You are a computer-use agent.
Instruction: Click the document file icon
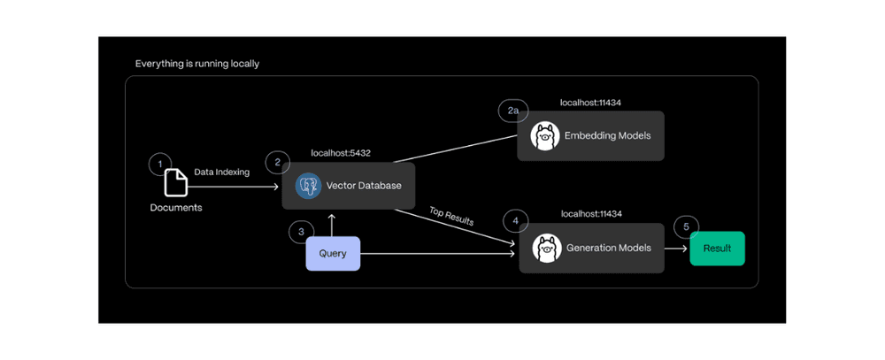[175, 183]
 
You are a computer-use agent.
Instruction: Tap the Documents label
[175, 208]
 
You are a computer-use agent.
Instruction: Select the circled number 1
[159, 164]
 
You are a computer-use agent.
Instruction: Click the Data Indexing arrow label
[221, 172]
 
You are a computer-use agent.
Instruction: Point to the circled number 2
[277, 162]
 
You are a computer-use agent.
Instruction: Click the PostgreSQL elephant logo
[308, 186]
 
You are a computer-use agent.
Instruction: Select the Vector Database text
[364, 186]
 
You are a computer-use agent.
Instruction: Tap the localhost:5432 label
[341, 153]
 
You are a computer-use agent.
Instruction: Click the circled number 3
[301, 232]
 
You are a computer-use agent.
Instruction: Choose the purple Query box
[333, 254]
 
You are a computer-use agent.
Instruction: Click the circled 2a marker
[513, 111]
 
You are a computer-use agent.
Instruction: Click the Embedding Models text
[607, 135]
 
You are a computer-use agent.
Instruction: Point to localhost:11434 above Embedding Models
[590, 103]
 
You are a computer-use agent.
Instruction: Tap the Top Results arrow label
[451, 218]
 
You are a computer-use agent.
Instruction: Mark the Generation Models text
[608, 248]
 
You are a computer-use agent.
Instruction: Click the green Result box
[717, 249]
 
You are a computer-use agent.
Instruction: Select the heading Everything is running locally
[197, 64]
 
